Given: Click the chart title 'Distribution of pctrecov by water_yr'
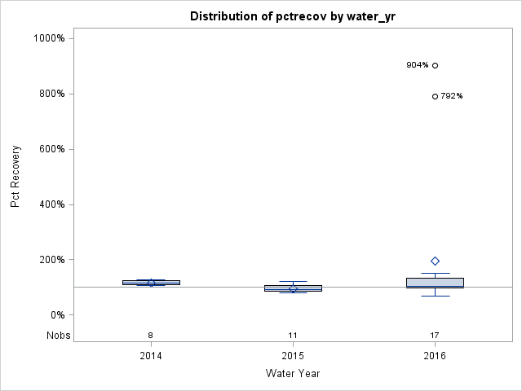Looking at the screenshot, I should [x=293, y=16].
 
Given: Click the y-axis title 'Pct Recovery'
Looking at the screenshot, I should [x=15, y=177].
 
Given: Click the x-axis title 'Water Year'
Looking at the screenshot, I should [x=293, y=373].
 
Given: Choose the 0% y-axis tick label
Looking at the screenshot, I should [x=57, y=315].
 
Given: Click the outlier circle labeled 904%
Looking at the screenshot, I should [x=435, y=65].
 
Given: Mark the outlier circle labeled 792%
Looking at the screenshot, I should [x=435, y=96].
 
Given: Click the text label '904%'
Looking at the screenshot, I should [x=417, y=65].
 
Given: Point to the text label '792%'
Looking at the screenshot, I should [x=452, y=96].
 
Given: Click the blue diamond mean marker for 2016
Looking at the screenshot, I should [x=435, y=261].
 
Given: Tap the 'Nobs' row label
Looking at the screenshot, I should [x=58, y=336].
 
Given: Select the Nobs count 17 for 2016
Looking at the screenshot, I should [x=435, y=336].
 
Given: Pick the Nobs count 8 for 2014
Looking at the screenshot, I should [x=151, y=336].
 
